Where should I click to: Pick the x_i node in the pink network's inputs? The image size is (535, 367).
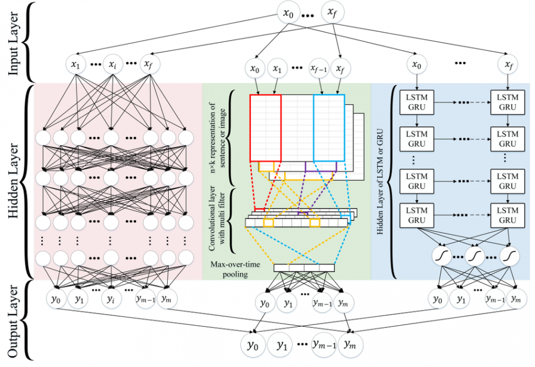[x=112, y=64]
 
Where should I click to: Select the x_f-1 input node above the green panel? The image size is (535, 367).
[x=318, y=69]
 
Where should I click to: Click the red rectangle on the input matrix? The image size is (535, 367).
[x=266, y=128]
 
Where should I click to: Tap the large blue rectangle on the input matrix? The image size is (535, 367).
[x=329, y=128]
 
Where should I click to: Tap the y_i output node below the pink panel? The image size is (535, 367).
[x=112, y=300]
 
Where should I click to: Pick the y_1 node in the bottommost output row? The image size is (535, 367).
[x=282, y=346]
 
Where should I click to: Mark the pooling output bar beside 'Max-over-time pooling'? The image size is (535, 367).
[x=304, y=268]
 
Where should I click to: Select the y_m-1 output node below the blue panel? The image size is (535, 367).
[x=495, y=300]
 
